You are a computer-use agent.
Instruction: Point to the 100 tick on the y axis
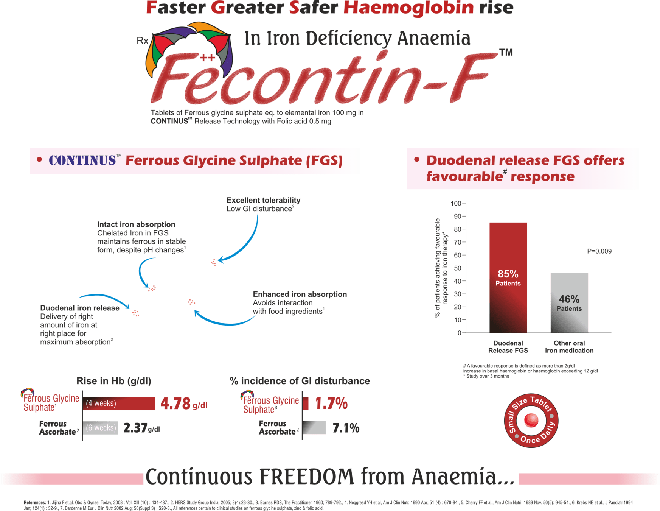(456, 204)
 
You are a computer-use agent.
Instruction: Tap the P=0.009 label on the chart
(599, 251)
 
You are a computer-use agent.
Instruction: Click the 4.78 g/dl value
(184, 404)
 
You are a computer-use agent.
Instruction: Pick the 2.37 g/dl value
(141, 428)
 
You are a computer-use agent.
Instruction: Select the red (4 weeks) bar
(119, 404)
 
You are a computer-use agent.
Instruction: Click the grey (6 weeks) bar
(101, 428)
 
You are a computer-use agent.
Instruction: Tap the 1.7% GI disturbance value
(331, 404)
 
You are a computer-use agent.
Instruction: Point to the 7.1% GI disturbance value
(346, 428)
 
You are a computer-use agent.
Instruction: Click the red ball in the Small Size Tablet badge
(531, 420)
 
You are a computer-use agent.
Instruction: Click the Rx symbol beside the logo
(143, 41)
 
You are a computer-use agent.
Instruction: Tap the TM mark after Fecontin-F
(506, 53)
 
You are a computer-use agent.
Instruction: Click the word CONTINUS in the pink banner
(82, 160)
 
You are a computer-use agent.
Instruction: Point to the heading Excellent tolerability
(263, 200)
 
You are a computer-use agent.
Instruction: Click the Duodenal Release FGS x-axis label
(508, 347)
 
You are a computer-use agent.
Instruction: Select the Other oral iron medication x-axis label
(569, 347)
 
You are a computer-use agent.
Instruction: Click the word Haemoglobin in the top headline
(408, 8)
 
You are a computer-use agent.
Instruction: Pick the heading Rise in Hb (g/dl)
(114, 381)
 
